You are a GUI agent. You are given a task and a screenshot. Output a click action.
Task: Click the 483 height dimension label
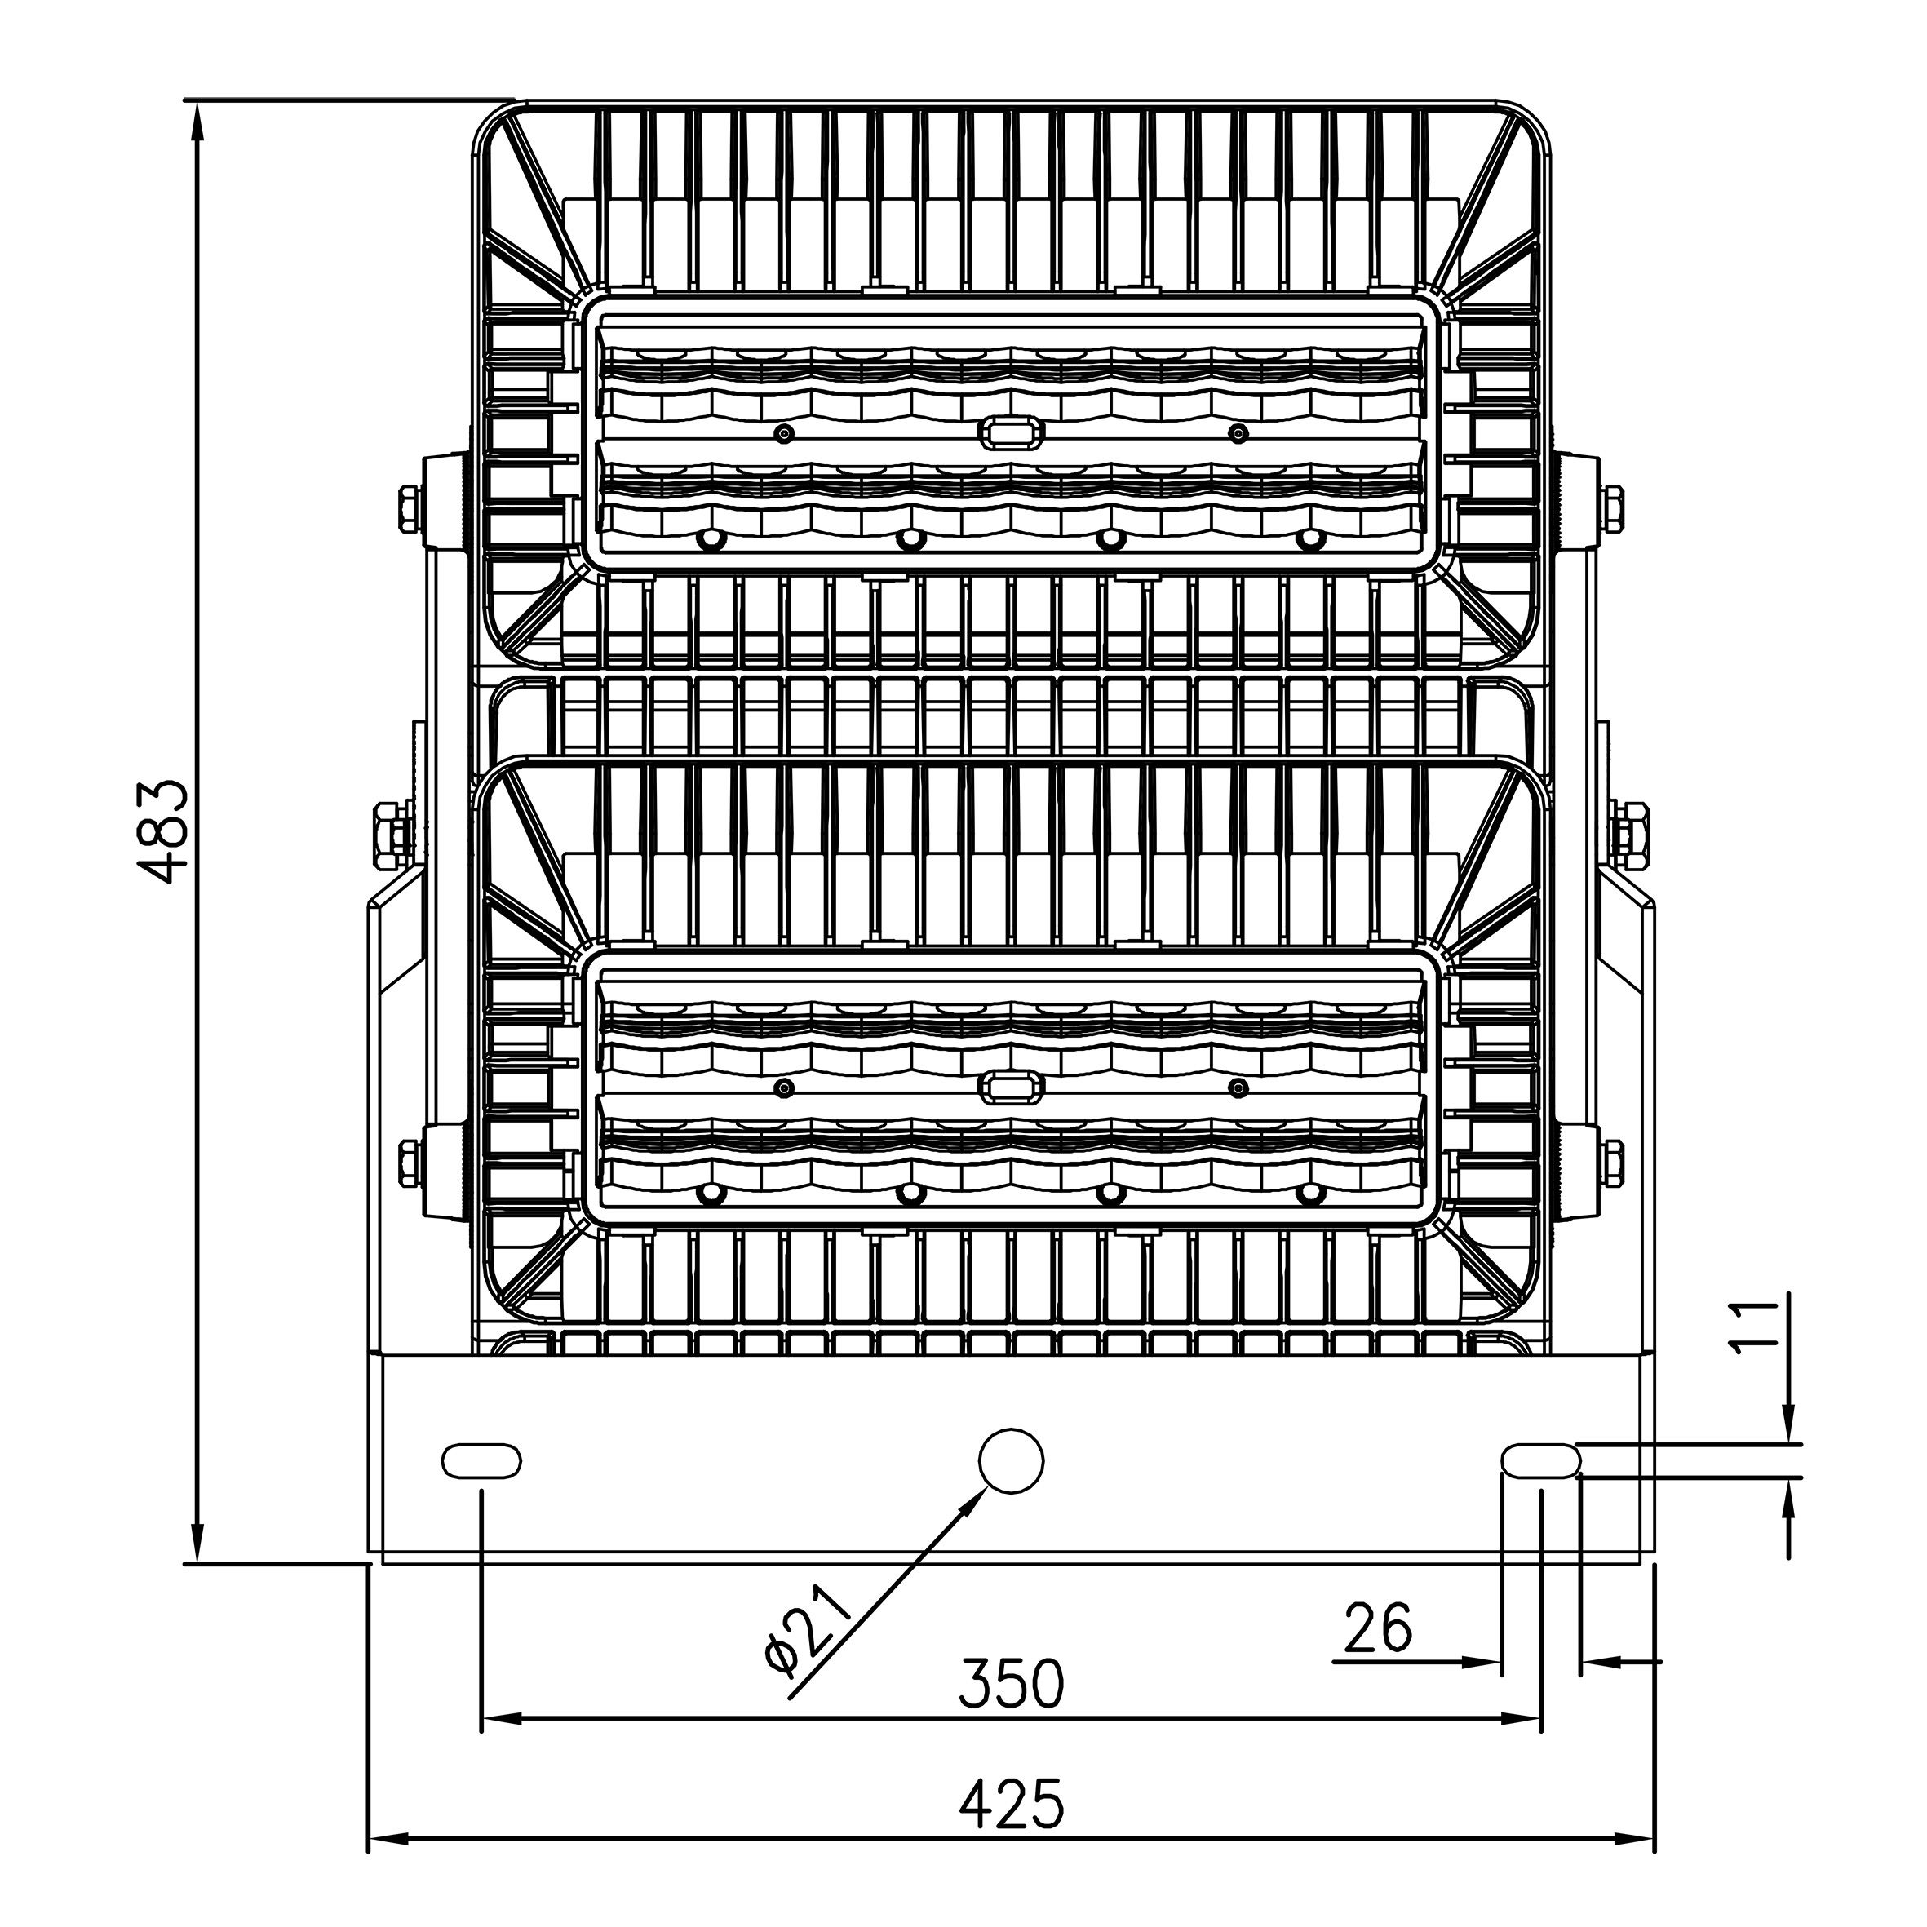click(162, 832)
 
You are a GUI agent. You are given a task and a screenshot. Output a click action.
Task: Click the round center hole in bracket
click(1012, 1460)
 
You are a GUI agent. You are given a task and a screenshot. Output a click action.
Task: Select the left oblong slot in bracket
click(481, 1461)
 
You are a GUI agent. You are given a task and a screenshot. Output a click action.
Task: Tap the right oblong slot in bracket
click(1542, 1461)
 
